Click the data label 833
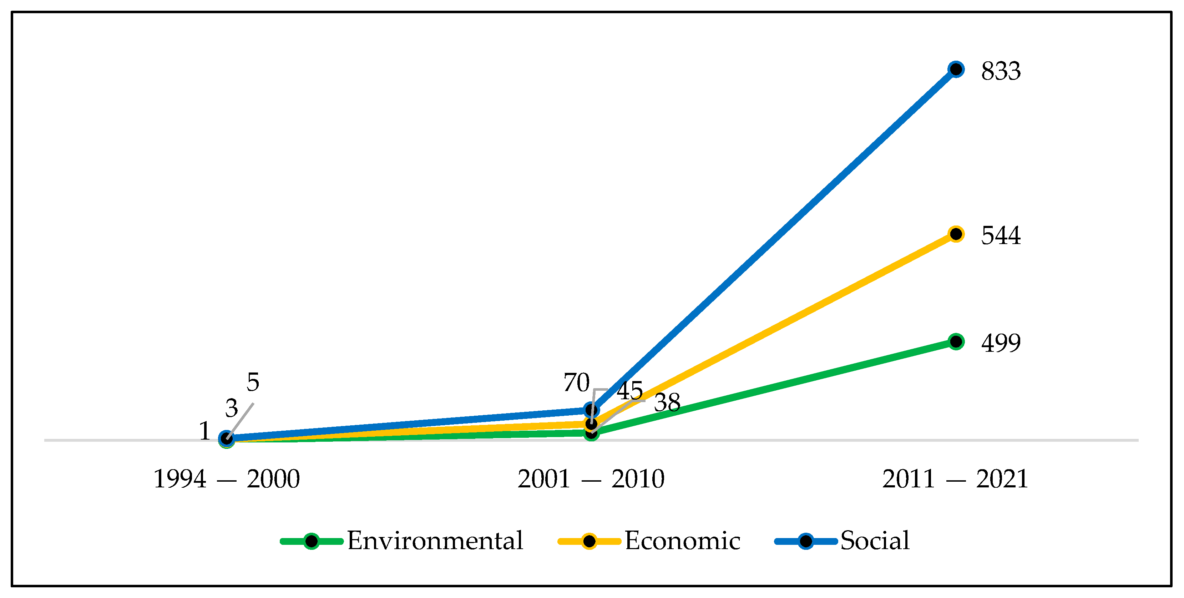pyautogui.click(x=1001, y=71)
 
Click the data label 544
pyautogui.click(x=1001, y=235)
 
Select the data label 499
pyautogui.click(x=1001, y=343)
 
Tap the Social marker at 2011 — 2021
pyautogui.click(x=956, y=70)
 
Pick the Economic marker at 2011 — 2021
pyautogui.click(x=956, y=234)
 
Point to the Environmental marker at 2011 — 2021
pyautogui.click(x=956, y=341)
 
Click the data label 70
pyautogui.click(x=576, y=383)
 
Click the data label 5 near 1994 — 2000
pyautogui.click(x=253, y=382)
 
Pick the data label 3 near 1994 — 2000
pyautogui.click(x=232, y=409)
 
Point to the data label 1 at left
pyautogui.click(x=204, y=431)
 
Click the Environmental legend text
pyautogui.click(x=435, y=541)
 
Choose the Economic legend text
pyautogui.click(x=682, y=541)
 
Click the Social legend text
pyautogui.click(x=875, y=541)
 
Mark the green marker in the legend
pyautogui.click(x=312, y=541)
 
